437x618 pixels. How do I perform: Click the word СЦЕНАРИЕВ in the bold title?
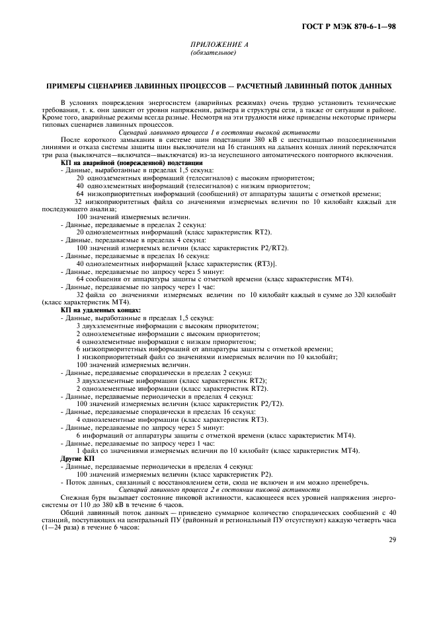point(109,86)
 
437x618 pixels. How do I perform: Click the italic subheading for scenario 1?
point(218,133)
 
